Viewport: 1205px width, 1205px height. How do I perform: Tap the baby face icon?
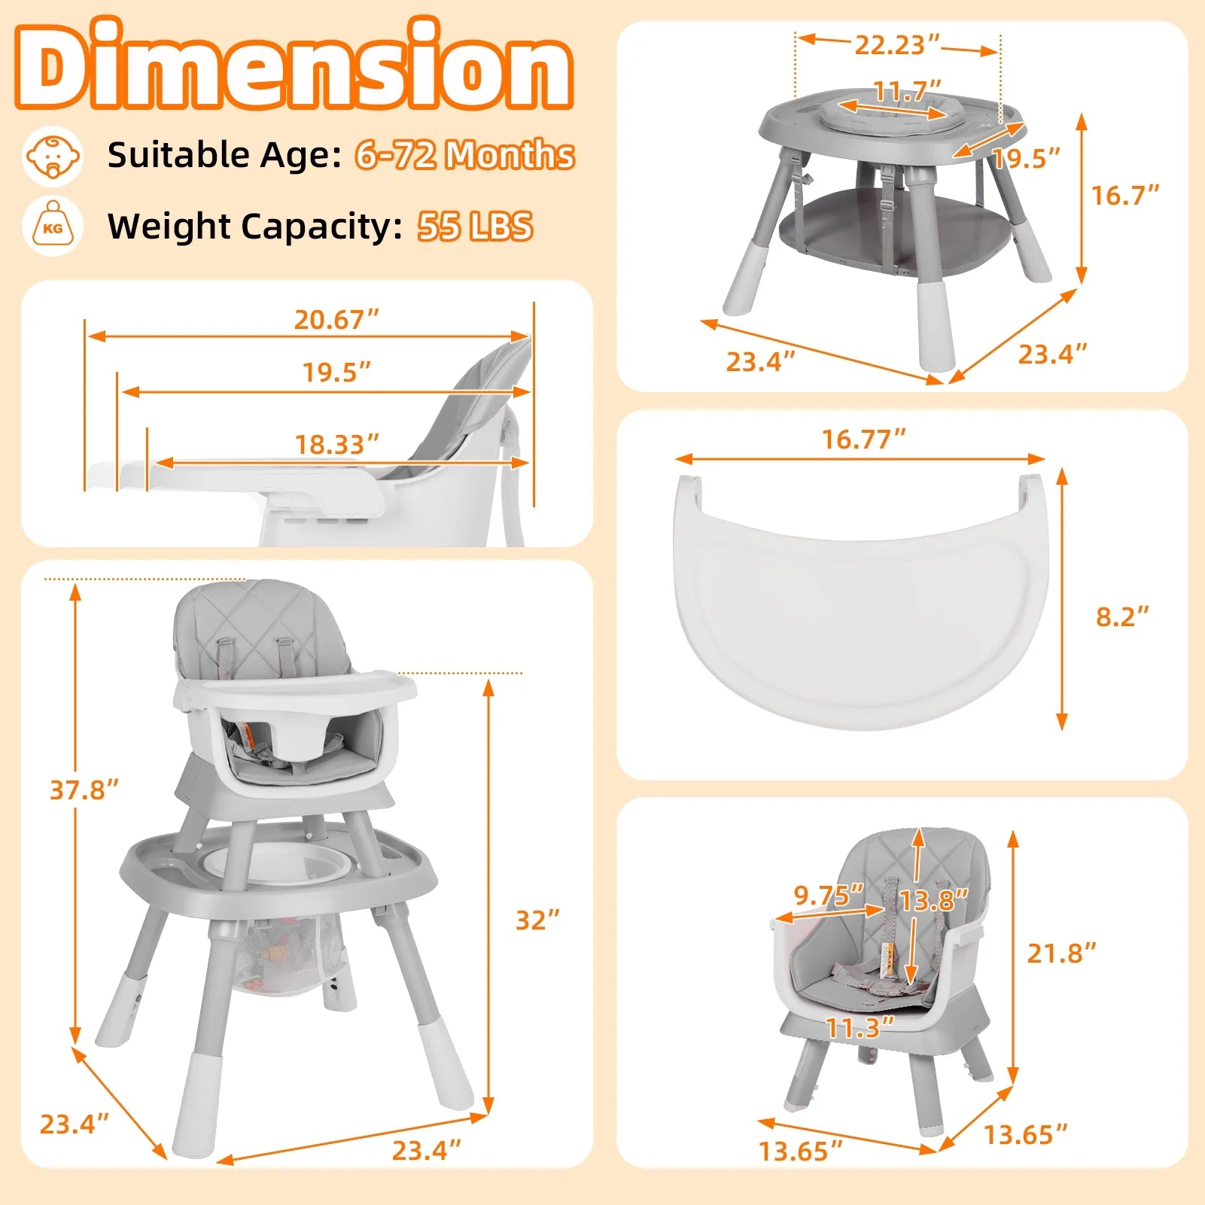pos(52,156)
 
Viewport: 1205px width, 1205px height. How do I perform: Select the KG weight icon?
pos(53,226)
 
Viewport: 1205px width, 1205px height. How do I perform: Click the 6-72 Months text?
pos(464,154)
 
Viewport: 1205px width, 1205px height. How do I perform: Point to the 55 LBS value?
pos(475,226)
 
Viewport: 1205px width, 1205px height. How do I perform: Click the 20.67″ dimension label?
pos(336,320)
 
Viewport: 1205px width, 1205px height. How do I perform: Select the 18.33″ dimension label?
pos(336,444)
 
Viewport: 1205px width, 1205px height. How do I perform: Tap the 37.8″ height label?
pos(84,790)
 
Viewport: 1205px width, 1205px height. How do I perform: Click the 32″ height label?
pos(537,920)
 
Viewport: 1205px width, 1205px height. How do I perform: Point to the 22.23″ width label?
pos(896,45)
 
